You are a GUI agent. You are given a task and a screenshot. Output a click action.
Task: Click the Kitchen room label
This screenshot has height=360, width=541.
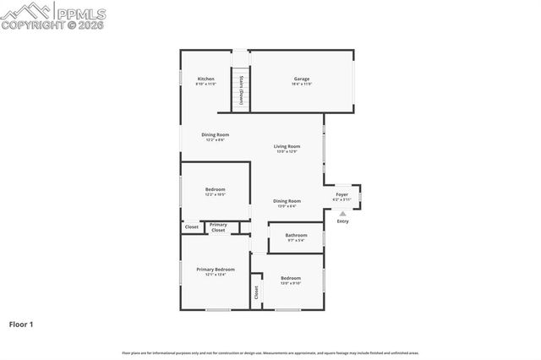pos(205,79)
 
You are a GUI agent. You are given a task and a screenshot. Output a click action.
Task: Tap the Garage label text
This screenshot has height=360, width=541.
pos(302,79)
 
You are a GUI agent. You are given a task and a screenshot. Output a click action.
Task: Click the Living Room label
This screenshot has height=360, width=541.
pos(287,147)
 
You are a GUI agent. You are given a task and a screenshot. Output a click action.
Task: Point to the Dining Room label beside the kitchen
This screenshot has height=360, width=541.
pos(215,134)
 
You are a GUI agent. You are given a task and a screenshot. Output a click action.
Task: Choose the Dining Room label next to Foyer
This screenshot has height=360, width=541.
pos(287,200)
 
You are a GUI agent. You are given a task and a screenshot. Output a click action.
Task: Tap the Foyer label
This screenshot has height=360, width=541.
pos(342,194)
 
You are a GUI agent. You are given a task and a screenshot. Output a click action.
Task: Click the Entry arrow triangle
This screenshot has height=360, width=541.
pos(342,214)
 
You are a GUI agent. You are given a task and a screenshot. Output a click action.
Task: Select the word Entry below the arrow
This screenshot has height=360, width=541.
pos(342,221)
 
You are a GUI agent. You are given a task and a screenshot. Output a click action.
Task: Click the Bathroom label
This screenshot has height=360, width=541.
pos(296,235)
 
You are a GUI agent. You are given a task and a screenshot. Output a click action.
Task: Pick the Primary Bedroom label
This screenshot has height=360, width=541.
pos(215,269)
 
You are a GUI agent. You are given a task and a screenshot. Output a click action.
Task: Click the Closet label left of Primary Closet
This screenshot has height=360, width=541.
pos(192,226)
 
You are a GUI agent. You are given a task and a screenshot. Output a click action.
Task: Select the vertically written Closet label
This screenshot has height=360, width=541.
pos(256,293)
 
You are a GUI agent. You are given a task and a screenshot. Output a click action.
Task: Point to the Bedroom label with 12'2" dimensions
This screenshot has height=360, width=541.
pos(215,189)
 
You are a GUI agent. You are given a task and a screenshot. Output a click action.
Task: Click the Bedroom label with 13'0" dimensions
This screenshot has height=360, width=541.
pos(290,278)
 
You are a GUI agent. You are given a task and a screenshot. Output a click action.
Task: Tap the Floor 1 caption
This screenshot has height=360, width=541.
pos(21,324)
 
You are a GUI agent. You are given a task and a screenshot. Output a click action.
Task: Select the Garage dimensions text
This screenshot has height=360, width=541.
pos(302,85)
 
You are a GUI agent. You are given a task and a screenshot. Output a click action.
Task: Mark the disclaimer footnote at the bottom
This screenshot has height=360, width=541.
pos(270,352)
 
